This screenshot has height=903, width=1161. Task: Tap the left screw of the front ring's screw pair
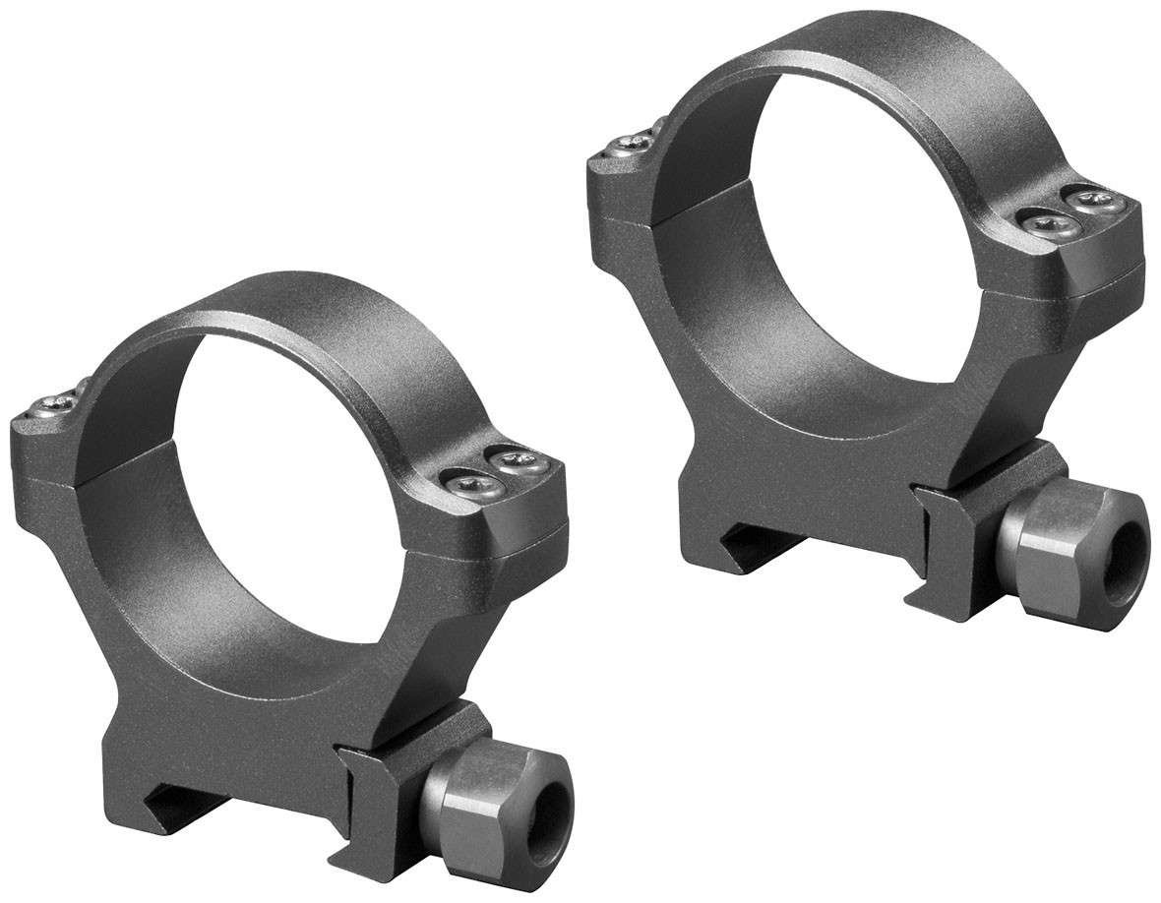click(465, 478)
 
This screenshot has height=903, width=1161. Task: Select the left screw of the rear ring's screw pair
click(1041, 224)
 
